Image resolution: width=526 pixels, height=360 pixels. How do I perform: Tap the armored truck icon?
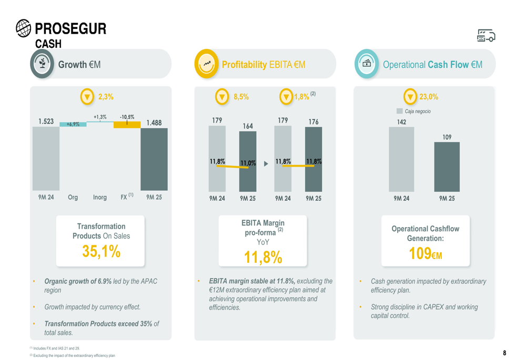coord(485,35)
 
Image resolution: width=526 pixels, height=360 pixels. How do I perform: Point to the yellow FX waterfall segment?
coord(127,125)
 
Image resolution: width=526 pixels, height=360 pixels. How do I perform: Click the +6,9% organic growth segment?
coord(73,124)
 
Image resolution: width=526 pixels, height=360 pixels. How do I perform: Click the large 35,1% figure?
coord(102,251)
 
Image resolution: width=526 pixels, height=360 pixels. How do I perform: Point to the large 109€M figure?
coord(425,254)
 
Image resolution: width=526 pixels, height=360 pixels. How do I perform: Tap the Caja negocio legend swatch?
coord(399,111)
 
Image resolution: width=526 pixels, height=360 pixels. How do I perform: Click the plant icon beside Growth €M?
coord(43,64)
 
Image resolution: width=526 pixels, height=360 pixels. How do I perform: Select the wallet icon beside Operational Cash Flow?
coord(367,64)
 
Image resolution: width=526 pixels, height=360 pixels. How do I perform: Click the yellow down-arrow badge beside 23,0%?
coord(410,97)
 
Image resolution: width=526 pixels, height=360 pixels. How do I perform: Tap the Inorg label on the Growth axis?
coord(99,198)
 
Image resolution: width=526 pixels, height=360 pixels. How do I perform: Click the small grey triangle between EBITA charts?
coord(266,163)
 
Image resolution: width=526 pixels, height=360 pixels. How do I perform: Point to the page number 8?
coord(504,353)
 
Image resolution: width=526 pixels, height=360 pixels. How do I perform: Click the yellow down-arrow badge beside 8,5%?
coord(223,97)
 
